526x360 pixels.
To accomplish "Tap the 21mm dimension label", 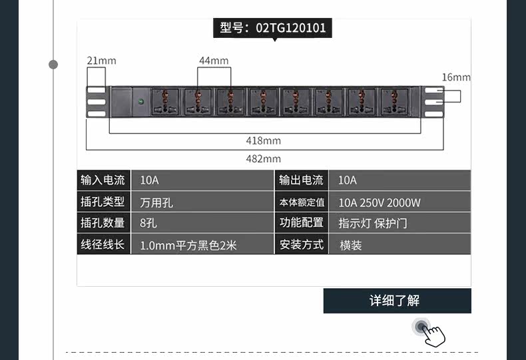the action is (101, 61).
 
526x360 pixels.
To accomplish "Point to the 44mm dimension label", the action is (214, 61).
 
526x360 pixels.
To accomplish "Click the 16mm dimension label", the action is (456, 77).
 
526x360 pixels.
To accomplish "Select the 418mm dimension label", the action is (264, 140).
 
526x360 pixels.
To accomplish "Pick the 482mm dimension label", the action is (264, 158).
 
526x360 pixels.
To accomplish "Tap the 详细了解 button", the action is (397, 301).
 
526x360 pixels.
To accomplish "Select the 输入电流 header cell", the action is (103, 180).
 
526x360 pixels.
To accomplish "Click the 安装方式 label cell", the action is (302, 245).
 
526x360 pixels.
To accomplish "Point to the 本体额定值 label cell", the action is (302, 202).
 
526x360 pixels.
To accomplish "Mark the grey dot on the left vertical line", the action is (53, 65).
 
